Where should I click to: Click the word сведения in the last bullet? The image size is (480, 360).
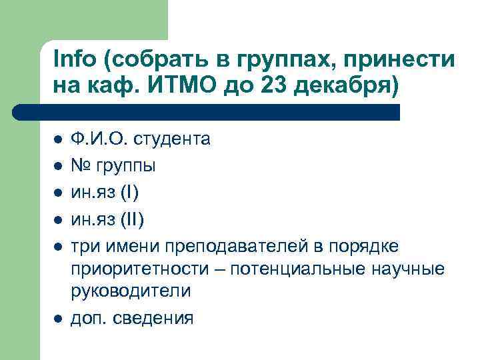[x=153, y=318]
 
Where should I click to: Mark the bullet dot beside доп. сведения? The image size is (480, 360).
[x=58, y=319]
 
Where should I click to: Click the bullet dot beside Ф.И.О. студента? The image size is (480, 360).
[x=58, y=139]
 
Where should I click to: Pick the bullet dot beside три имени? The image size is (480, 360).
[x=58, y=247]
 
